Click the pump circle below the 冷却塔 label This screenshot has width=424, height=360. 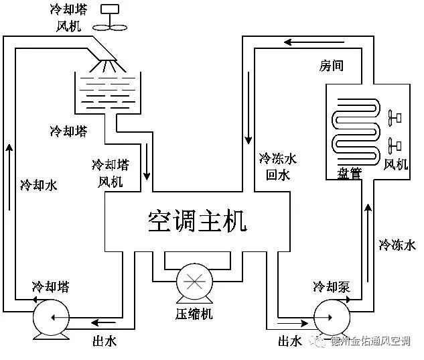[53, 316]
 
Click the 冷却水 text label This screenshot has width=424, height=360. [38, 184]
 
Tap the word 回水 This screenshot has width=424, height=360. [277, 175]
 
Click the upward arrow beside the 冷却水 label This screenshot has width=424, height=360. [9, 151]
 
